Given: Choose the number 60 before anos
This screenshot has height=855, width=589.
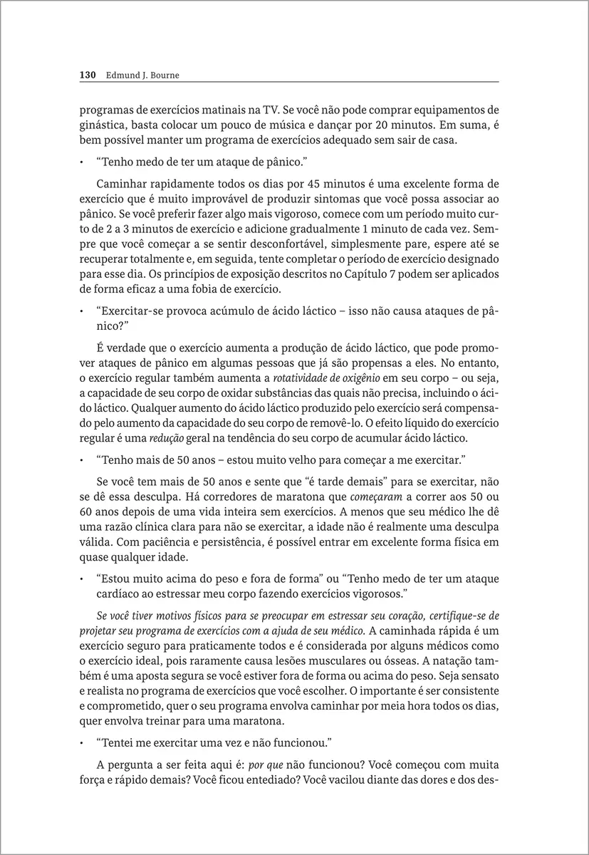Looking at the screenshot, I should pos(86,512).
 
